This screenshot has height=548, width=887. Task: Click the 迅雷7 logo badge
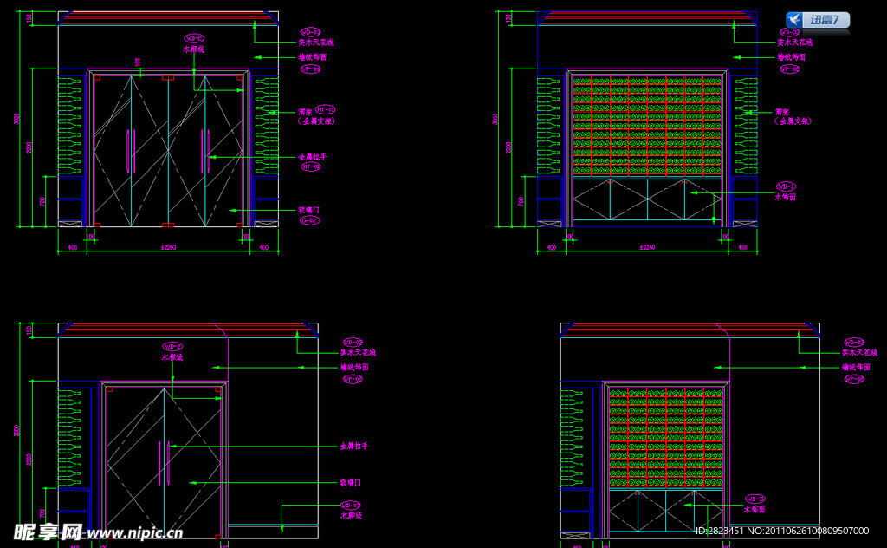click(818, 20)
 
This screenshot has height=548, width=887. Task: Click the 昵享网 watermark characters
click(47, 532)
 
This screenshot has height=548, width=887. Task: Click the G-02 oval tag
click(309, 220)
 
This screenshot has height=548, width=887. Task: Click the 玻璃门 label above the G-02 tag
click(309, 210)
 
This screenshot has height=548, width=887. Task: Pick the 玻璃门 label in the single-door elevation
click(351, 482)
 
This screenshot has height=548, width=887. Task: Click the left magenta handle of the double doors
click(131, 150)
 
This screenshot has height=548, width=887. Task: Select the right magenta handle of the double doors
click(206, 150)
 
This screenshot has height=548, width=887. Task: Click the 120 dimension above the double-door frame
click(137, 61)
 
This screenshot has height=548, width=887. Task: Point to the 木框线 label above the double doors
click(195, 49)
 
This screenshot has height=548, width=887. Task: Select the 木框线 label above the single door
click(172, 356)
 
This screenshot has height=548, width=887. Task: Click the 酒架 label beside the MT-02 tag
click(304, 112)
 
